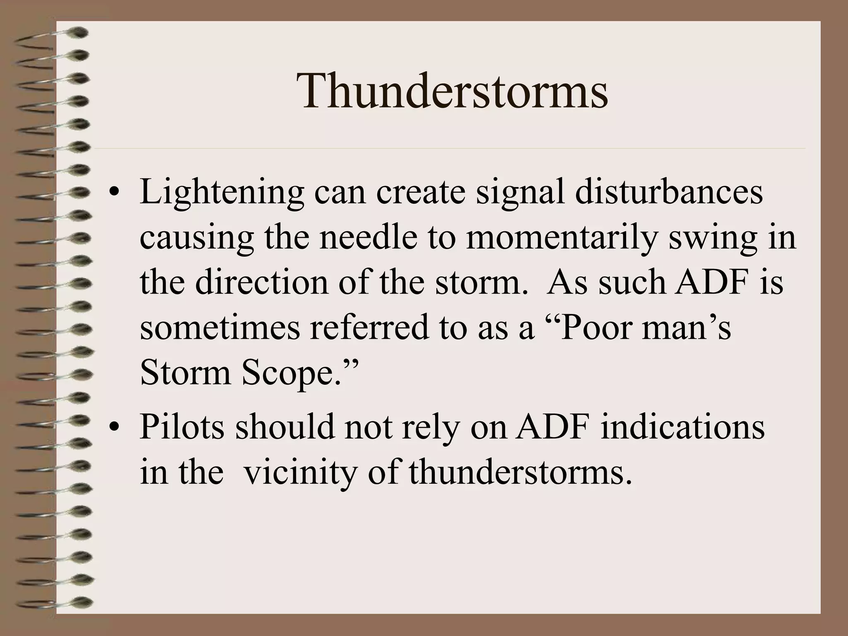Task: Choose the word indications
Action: (682, 426)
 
